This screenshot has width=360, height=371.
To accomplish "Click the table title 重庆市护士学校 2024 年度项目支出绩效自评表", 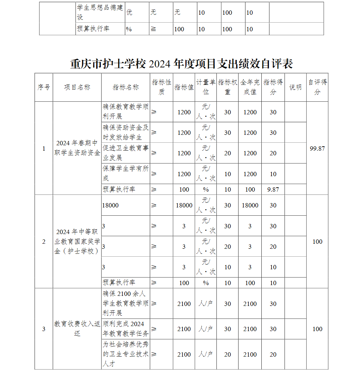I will click(x=181, y=64).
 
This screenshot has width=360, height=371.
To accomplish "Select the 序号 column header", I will click(x=44, y=87).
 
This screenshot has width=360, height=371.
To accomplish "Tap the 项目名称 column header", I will click(x=77, y=87).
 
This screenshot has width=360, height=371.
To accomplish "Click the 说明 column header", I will click(x=295, y=87).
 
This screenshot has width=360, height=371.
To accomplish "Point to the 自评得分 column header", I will click(x=317, y=87).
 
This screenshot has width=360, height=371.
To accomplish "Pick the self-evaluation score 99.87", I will click(x=317, y=148).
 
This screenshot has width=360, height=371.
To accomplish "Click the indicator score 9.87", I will click(x=273, y=189).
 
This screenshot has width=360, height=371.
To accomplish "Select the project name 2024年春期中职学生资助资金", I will click(x=77, y=148).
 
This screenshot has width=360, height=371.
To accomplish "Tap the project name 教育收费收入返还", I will click(x=77, y=329).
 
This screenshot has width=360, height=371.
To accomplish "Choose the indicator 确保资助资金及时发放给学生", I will click(x=126, y=132).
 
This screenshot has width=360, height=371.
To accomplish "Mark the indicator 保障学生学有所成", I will click(x=126, y=173).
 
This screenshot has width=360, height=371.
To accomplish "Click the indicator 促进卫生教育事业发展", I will click(x=126, y=153).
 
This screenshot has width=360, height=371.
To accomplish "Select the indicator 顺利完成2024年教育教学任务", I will click(x=126, y=329).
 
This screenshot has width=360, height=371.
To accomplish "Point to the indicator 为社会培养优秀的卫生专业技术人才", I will click(x=126, y=354).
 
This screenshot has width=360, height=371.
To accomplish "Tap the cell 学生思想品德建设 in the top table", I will click(x=100, y=12).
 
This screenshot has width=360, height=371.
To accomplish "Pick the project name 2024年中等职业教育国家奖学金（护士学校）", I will click(x=77, y=242).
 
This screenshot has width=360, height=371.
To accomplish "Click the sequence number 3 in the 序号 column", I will click(x=44, y=329).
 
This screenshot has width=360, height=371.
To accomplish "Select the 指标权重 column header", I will click(x=228, y=87).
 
